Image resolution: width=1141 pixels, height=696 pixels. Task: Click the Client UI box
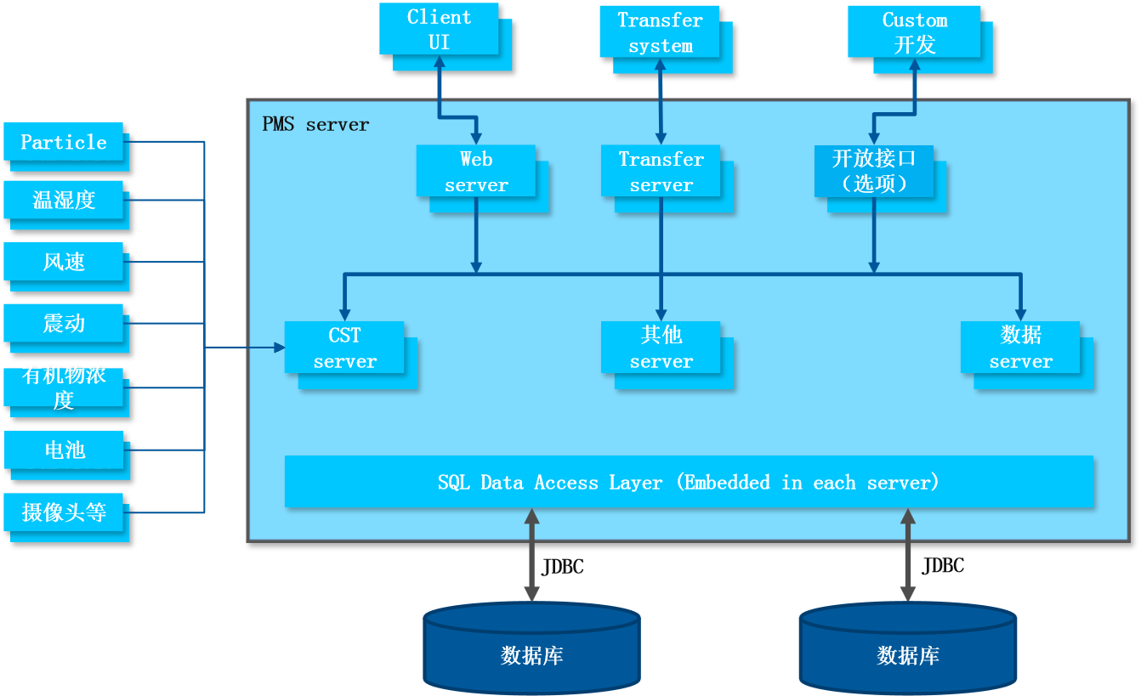coord(439,29)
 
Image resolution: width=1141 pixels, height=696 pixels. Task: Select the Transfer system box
coord(660,32)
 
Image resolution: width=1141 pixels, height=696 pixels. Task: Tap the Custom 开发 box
coord(914,32)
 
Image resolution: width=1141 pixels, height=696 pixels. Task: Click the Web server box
coord(475,171)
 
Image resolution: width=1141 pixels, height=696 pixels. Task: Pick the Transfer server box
coord(661,171)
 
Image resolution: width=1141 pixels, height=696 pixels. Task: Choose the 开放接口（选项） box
coord(873,171)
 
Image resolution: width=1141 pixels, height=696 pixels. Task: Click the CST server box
coord(344,348)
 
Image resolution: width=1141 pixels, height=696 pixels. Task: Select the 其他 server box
coord(661,348)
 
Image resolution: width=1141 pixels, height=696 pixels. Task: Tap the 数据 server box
coord(1020,348)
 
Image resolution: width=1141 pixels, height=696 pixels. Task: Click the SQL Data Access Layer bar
coord(689,482)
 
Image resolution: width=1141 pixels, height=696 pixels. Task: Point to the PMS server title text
coord(315,125)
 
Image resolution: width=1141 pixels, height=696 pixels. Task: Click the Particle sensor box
coord(64,142)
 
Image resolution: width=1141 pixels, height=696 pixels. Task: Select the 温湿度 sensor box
coord(64,200)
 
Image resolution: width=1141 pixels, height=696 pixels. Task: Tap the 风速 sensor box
coord(64,262)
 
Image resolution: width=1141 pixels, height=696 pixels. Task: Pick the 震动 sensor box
coord(64,323)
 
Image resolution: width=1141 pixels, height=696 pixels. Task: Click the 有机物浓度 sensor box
coord(64,388)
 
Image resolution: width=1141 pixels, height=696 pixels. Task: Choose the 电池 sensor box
coord(64,450)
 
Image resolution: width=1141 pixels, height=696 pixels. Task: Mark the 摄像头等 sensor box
coord(64,512)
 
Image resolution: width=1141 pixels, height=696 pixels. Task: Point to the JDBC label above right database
coord(943,566)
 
